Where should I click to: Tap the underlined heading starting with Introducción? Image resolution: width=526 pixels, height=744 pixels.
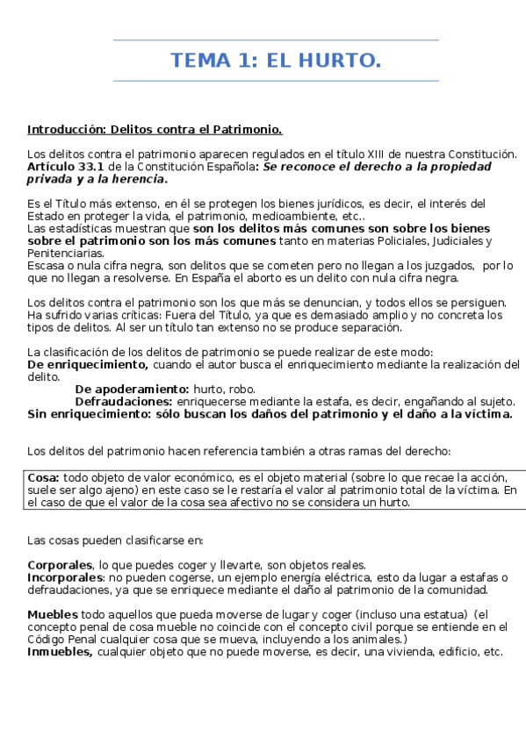click(x=155, y=129)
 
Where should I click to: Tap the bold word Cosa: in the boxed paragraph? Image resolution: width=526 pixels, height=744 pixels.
click(x=43, y=477)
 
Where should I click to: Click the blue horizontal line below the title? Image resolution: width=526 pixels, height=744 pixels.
click(x=276, y=82)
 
